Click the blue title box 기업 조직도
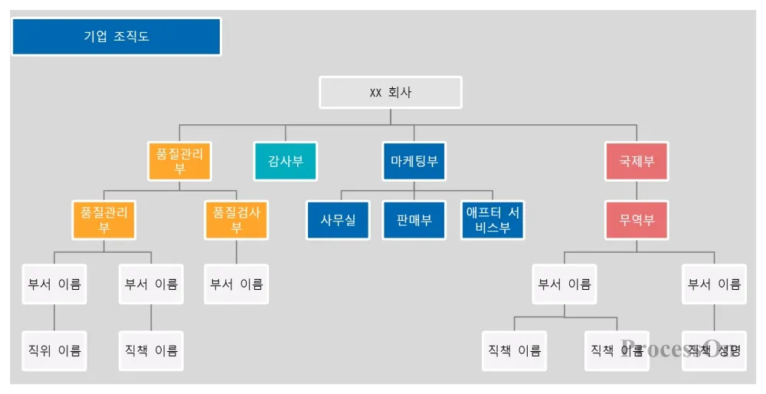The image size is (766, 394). pyautogui.click(x=116, y=37)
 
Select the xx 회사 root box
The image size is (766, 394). pyautogui.click(x=391, y=92)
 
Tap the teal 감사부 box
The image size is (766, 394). pyautogui.click(x=285, y=162)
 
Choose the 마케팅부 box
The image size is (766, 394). pyautogui.click(x=414, y=162)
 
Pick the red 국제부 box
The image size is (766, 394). pyautogui.click(x=637, y=162)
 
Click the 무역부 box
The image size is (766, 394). pyautogui.click(x=637, y=220)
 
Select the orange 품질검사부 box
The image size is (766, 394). pyautogui.click(x=237, y=220)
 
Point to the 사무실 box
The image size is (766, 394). pyautogui.click(x=338, y=220)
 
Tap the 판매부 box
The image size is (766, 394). pyautogui.click(x=414, y=220)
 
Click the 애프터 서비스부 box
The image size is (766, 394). pyautogui.click(x=493, y=220)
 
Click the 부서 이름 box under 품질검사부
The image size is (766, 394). pyautogui.click(x=237, y=284)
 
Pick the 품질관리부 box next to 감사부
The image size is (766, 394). pyautogui.click(x=179, y=162)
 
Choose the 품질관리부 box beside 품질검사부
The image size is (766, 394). pyautogui.click(x=103, y=220)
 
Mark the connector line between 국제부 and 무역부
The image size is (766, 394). pyautogui.click(x=637, y=191)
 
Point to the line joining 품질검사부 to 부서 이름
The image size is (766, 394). pyautogui.click(x=237, y=252)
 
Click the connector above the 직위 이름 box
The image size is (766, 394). pyautogui.click(x=54, y=317)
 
